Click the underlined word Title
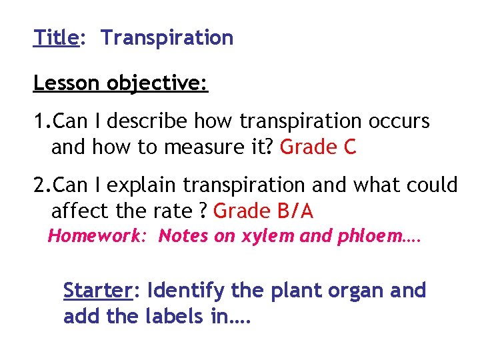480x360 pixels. click(56, 38)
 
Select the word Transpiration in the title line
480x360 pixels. click(167, 38)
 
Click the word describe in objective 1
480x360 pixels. click(148, 121)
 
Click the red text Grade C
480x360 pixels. click(318, 147)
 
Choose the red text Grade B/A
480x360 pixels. click(263, 211)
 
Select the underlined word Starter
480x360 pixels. click(98, 291)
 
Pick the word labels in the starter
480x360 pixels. click(174, 317)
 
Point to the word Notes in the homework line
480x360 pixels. click(182, 236)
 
